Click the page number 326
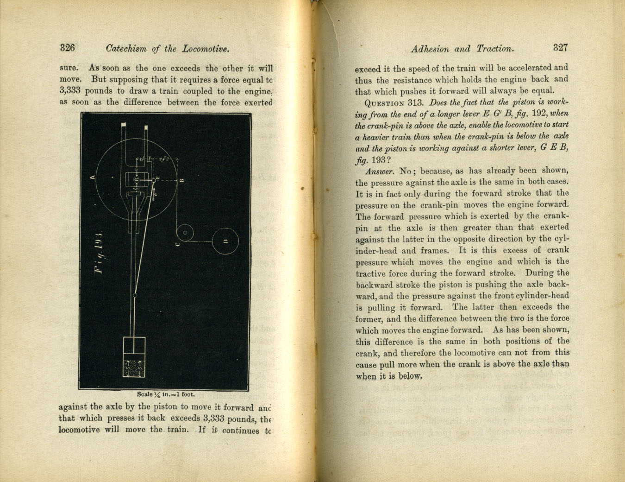pos(68,48)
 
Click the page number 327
pos(560,47)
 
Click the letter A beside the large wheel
pos(93,177)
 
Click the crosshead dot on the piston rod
pos(135,295)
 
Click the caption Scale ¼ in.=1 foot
pos(166,394)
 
